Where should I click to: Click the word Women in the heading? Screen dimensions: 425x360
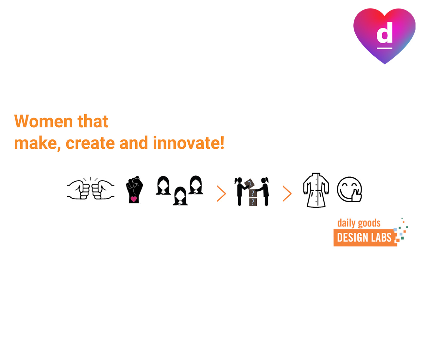click(x=43, y=121)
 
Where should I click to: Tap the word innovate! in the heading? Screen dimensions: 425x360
click(x=189, y=143)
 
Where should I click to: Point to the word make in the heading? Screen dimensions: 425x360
click(x=35, y=143)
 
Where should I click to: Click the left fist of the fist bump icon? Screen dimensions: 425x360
click(x=78, y=189)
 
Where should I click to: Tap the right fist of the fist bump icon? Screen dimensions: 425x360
click(x=103, y=189)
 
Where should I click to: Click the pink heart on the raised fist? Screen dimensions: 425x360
click(x=133, y=199)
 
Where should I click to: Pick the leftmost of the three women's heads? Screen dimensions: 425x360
click(x=163, y=185)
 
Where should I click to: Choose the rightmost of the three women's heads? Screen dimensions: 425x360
click(x=196, y=185)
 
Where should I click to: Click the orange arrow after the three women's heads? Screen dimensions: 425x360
click(x=222, y=193)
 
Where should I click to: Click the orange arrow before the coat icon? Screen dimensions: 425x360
click(x=287, y=193)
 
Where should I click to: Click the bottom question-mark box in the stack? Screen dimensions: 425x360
click(x=253, y=202)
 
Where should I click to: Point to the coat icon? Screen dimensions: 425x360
click(x=316, y=190)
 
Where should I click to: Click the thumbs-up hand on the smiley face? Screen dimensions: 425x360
click(x=356, y=196)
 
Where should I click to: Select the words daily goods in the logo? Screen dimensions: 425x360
click(x=359, y=223)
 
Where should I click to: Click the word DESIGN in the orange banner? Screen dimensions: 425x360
click(x=351, y=238)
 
